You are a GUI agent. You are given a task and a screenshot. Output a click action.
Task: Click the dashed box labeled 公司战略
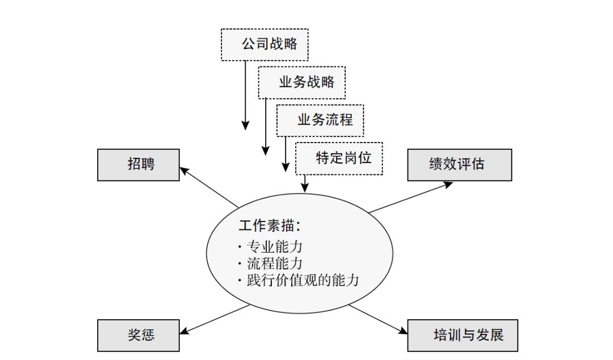coord(264,44)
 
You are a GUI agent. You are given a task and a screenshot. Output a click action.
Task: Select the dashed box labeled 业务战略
coord(301,82)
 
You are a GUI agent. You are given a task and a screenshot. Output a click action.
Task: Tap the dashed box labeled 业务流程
coord(320,120)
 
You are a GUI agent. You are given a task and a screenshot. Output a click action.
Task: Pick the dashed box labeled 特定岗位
coord(339,158)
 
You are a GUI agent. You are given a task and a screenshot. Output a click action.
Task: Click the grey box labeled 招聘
coord(138,165)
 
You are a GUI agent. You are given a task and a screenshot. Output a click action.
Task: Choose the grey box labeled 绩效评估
coord(459,165)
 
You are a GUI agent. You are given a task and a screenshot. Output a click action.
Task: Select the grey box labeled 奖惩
coord(138,335)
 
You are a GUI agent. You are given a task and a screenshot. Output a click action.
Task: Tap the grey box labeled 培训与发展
coord(463,335)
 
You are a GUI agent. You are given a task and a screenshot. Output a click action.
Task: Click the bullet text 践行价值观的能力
coord(301,281)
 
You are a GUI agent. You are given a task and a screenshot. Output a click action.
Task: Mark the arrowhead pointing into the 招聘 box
coord(184,169)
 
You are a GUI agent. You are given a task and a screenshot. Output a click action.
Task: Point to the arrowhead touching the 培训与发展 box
coord(404,331)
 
